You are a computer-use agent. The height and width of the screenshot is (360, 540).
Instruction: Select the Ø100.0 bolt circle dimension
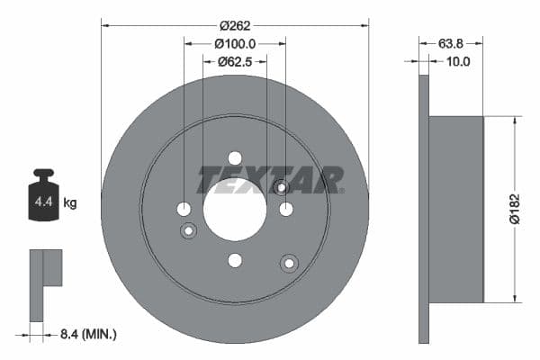click(235, 43)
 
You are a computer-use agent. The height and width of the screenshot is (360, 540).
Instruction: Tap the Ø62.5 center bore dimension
click(235, 61)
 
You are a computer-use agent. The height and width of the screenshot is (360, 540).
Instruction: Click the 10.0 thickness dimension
click(459, 61)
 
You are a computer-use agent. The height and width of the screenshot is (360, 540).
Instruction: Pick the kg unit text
click(69, 203)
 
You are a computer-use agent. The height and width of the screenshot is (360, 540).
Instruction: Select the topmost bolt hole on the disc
click(235, 157)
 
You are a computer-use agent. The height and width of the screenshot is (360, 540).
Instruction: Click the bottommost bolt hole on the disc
click(235, 260)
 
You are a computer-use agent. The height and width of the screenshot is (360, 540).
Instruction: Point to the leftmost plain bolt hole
click(184, 209)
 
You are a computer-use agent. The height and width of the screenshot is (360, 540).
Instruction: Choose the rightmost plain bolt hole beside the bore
click(286, 209)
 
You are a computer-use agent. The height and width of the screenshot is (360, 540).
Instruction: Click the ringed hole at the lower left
click(189, 231)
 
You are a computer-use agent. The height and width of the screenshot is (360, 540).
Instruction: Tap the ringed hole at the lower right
click(289, 263)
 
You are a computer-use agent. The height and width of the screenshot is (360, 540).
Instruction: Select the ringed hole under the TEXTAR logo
click(281, 187)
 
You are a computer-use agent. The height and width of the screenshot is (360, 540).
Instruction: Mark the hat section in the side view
click(456, 209)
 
